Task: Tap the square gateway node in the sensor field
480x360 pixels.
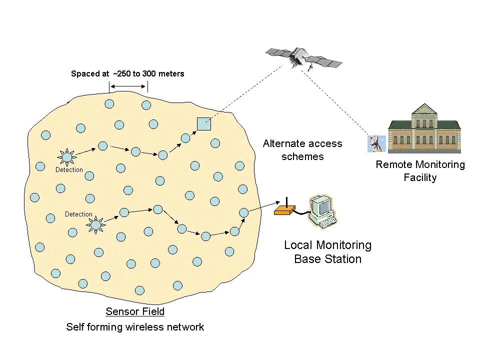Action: pyautogui.click(x=203, y=123)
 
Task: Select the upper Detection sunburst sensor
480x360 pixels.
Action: pyautogui.click(x=66, y=157)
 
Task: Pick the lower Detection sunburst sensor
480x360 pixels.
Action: pyautogui.click(x=95, y=225)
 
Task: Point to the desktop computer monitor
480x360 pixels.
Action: pyautogui.click(x=320, y=205)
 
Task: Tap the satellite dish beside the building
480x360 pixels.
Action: pyautogui.click(x=375, y=144)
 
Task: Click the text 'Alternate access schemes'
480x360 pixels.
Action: pyautogui.click(x=302, y=150)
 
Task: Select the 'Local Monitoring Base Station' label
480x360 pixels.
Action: pyautogui.click(x=327, y=252)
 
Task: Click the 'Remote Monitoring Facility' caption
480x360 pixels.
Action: pyautogui.click(x=420, y=171)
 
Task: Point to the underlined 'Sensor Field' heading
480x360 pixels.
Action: pyautogui.click(x=135, y=312)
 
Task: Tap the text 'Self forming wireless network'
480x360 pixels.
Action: pyautogui.click(x=135, y=327)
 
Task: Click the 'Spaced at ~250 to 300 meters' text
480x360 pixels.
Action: pyautogui.click(x=127, y=74)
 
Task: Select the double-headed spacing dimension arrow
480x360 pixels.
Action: pyautogui.click(x=128, y=86)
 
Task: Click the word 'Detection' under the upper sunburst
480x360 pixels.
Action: pyautogui.click(x=69, y=170)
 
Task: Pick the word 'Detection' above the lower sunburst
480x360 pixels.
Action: pyautogui.click(x=78, y=214)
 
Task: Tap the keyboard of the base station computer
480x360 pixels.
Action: pyautogui.click(x=327, y=222)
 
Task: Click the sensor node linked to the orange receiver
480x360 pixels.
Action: pyautogui.click(x=243, y=212)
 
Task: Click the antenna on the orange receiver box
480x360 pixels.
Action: pyautogui.click(x=286, y=202)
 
